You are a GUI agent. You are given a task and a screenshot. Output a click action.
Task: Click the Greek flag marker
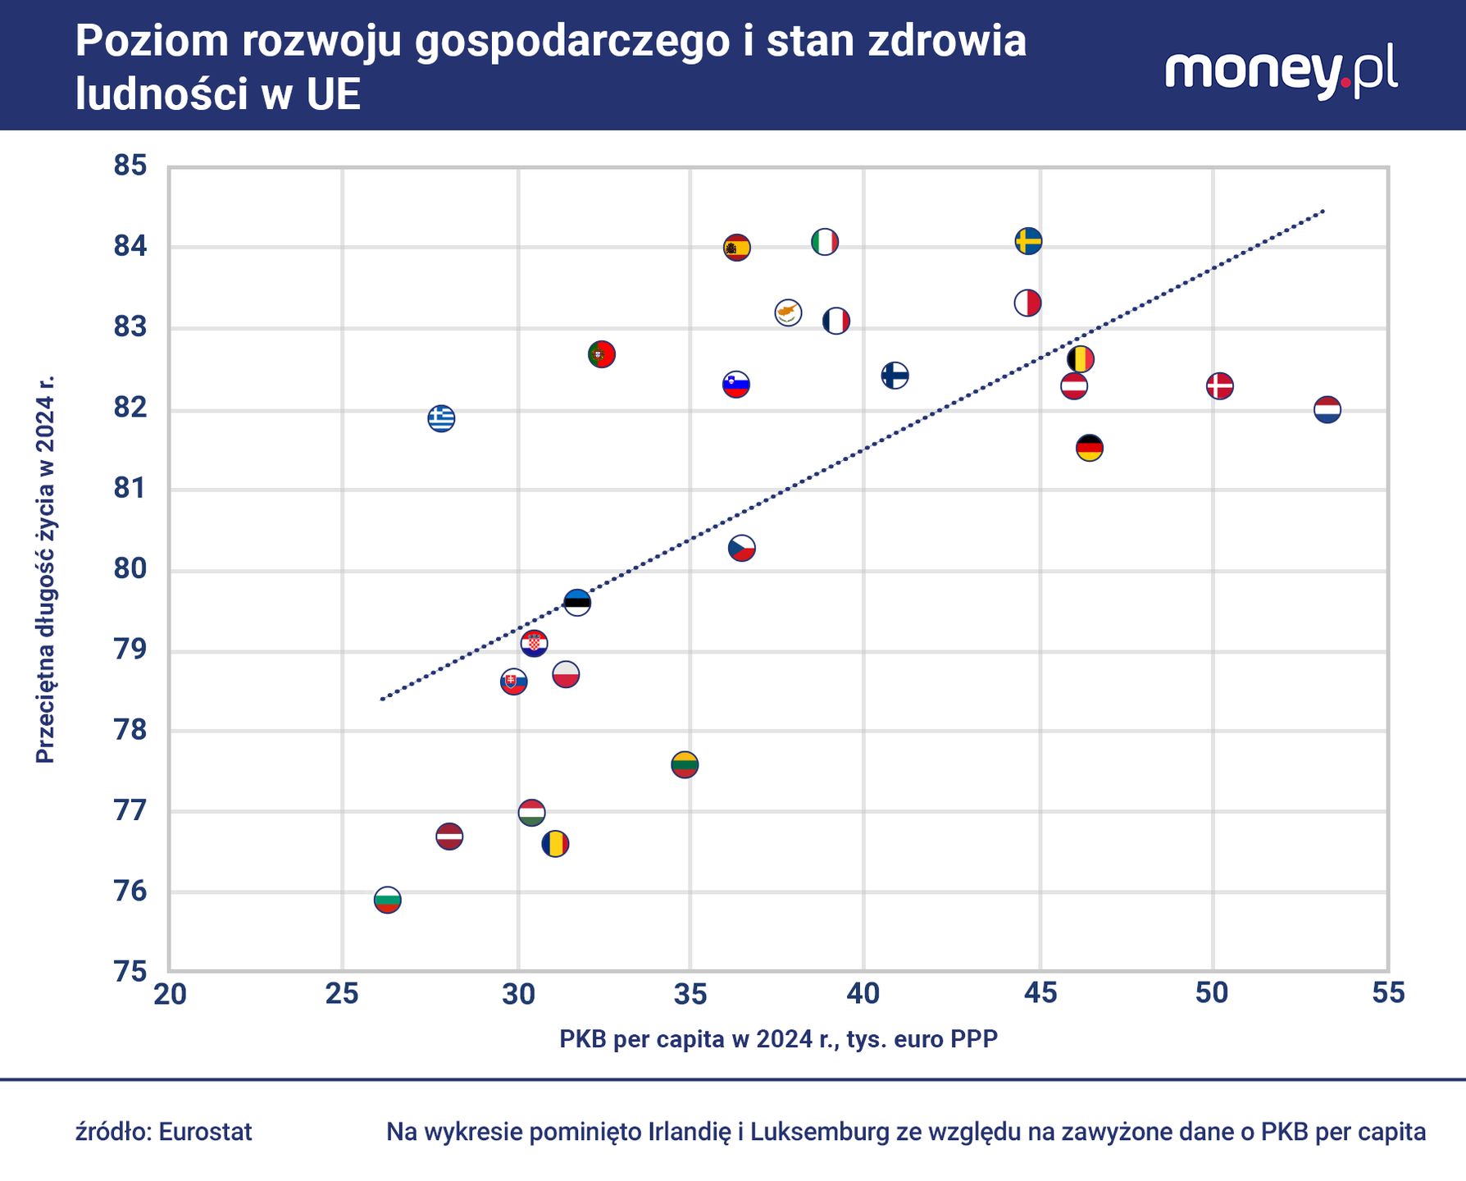[x=441, y=418]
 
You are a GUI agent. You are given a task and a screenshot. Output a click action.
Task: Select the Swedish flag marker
[x=1028, y=241]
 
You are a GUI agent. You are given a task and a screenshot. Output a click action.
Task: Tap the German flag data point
[x=1089, y=448]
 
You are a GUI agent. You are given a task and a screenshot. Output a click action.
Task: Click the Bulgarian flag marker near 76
[x=387, y=900]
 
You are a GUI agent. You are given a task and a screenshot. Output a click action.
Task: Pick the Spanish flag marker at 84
[x=736, y=247]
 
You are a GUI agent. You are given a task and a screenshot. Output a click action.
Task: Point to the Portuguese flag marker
[x=602, y=354]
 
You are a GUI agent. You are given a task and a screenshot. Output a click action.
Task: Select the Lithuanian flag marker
[x=685, y=764]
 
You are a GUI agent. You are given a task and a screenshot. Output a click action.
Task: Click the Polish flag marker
[x=566, y=675]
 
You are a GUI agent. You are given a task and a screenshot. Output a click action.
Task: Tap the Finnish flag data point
[x=895, y=376]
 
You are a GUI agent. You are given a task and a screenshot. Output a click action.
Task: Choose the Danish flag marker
[x=1220, y=385]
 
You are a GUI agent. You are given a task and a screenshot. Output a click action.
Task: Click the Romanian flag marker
[x=555, y=843]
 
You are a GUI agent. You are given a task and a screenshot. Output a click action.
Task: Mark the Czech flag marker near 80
[x=742, y=548]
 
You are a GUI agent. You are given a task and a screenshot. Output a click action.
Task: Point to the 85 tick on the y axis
[x=130, y=166]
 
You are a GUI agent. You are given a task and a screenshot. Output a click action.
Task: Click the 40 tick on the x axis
[x=863, y=993]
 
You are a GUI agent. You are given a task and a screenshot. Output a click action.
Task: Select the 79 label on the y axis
[x=130, y=650]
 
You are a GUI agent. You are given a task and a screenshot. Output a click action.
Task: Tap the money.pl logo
[x=1281, y=71]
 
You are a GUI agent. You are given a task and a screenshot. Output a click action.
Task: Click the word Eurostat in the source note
[x=205, y=1132]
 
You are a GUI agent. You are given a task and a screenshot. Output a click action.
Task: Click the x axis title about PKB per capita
[x=778, y=1039]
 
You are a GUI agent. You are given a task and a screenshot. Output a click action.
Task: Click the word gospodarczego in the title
[x=571, y=41]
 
